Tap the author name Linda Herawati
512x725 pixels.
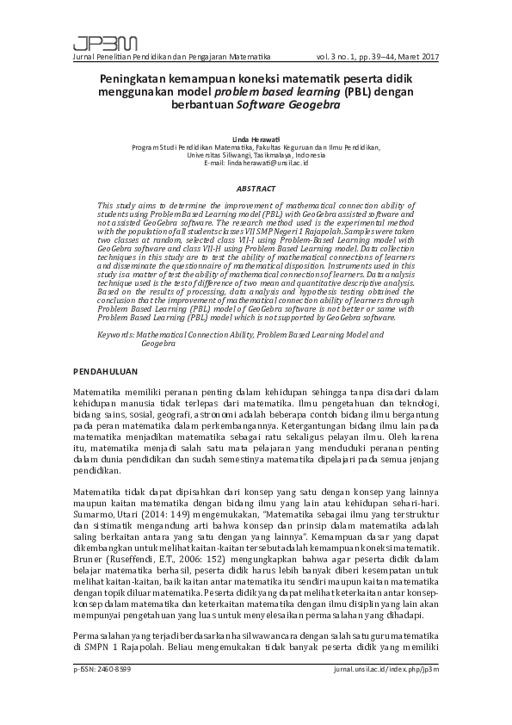256,139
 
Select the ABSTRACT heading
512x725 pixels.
256,188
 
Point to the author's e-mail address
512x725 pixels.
256,163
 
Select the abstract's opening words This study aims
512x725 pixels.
128,207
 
